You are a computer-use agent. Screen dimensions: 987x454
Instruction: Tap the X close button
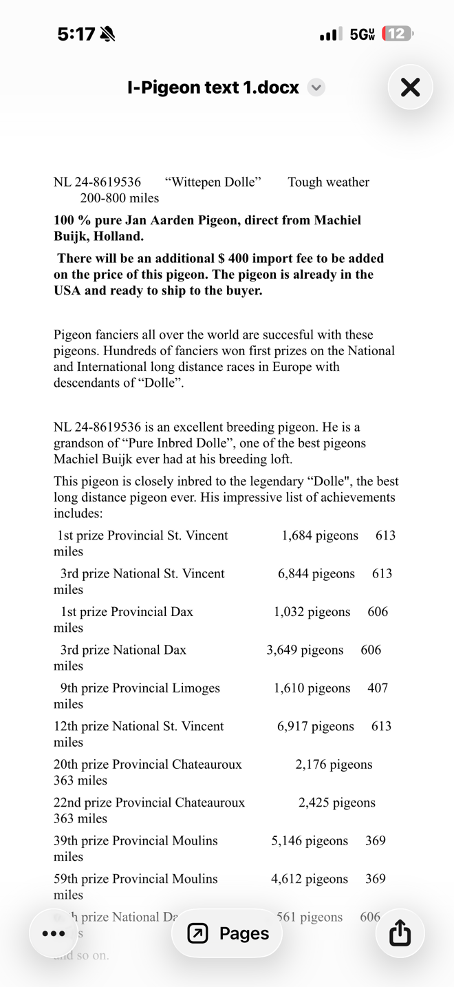(x=410, y=87)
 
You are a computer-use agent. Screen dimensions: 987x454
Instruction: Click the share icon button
(x=400, y=933)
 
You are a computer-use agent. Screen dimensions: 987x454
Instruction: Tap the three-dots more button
(x=54, y=933)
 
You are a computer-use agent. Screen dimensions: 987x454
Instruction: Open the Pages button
(x=228, y=933)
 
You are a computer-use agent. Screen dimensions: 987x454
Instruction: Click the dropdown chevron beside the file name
(x=316, y=87)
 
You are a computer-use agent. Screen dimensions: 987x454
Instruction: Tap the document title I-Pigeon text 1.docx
(x=213, y=87)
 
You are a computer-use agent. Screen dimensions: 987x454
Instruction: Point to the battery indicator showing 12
(x=397, y=34)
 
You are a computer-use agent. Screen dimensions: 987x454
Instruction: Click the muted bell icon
(x=107, y=34)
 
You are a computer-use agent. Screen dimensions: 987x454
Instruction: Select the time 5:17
(x=76, y=34)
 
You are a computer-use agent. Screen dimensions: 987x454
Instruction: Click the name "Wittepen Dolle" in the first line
(x=213, y=182)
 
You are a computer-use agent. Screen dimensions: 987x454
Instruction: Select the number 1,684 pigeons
(x=320, y=535)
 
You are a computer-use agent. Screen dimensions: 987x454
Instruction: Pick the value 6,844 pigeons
(x=316, y=574)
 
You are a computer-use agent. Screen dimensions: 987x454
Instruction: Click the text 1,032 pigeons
(x=312, y=612)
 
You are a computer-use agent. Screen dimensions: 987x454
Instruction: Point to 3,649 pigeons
(x=305, y=650)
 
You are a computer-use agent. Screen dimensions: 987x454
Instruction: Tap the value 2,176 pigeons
(x=334, y=765)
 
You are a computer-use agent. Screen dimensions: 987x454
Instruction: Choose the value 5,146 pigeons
(x=310, y=841)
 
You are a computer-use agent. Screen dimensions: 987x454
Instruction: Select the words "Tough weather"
(x=328, y=182)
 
